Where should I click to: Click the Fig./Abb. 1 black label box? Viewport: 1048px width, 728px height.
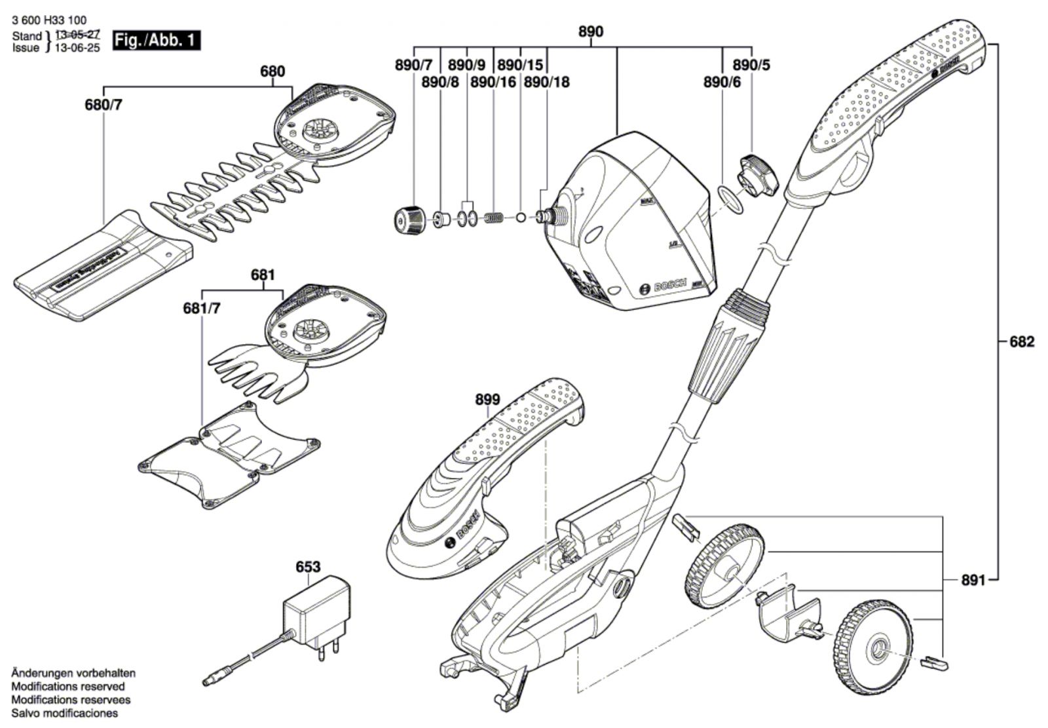tap(156, 41)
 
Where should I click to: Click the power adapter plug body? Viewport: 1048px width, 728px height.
tap(316, 609)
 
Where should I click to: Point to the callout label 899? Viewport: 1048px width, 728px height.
tap(487, 399)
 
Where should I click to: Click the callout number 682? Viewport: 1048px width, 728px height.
tap(1021, 342)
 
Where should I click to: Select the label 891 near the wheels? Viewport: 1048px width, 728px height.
tap(973, 581)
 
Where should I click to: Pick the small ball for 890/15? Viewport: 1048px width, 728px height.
tap(521, 216)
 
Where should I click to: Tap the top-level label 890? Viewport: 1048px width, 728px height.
tap(591, 32)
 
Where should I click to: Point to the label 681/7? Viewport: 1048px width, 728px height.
tap(202, 309)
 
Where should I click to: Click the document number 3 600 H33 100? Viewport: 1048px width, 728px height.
tap(49, 20)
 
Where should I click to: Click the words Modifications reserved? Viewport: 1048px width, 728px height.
tap(68, 687)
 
